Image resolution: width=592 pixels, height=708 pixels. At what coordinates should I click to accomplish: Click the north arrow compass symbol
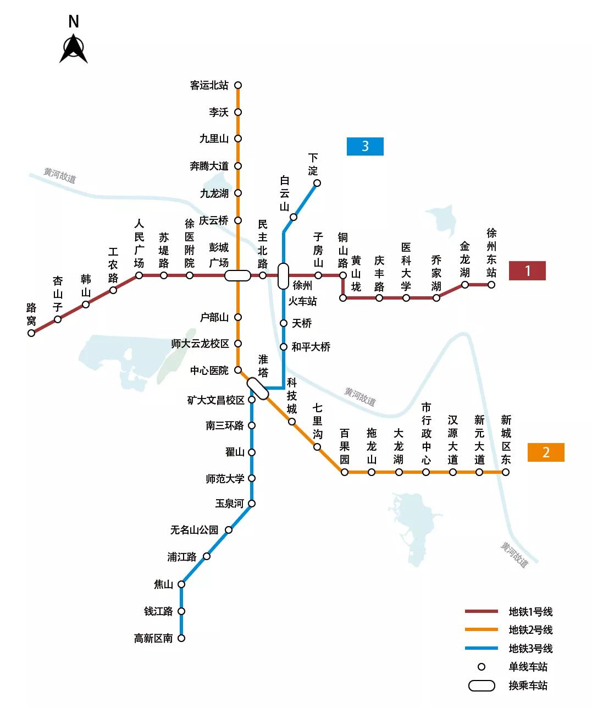pos(74,49)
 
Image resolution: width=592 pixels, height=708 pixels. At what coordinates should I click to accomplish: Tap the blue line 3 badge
pos(365,146)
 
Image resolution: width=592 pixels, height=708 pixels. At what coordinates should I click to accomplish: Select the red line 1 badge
pos(527,270)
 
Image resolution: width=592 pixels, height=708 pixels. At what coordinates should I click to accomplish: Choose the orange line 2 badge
pos(546,452)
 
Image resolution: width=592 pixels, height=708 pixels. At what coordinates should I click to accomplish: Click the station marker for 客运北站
pos(238,85)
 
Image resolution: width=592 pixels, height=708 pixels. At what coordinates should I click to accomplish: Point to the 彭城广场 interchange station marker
pos(237,275)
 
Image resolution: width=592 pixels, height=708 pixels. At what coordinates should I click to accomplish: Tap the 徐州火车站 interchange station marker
pos(283,276)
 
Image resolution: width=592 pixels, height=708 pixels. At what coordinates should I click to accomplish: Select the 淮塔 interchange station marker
pos(257,389)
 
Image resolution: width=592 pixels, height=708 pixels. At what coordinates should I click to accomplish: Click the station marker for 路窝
pos(31,333)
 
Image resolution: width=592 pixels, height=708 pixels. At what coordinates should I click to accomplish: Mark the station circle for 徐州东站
pos(491,285)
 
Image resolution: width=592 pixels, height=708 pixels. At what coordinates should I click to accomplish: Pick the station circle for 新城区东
pos(506,472)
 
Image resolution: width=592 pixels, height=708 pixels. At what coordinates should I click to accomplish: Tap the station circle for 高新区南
pos(181,638)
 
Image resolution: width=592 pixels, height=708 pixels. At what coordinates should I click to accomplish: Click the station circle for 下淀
pos(317,183)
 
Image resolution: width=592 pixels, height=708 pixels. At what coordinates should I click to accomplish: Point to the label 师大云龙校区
pos(200,344)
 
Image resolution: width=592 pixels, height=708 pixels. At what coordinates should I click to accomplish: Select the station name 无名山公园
pos(194,530)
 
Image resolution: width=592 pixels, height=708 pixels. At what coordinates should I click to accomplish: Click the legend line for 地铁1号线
pos(482,611)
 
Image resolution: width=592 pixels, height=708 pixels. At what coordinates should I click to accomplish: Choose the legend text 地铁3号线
pos(530,649)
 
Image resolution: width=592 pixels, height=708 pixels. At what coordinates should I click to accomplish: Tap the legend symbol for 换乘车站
pos(482,685)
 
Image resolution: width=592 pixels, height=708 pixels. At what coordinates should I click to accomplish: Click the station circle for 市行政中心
pos(426,472)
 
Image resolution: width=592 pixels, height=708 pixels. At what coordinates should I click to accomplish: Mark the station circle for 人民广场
pos(139,275)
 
